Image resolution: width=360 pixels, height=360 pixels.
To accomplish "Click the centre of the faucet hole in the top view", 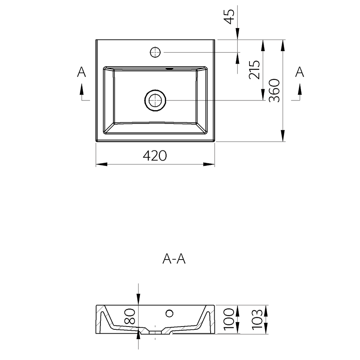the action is pos(155,52).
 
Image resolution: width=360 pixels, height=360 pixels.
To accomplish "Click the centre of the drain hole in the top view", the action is pos(155,100).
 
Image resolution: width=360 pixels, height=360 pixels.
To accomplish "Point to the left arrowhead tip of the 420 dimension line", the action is pos(96,165).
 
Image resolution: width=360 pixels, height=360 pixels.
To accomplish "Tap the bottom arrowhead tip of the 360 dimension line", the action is pos(283,141).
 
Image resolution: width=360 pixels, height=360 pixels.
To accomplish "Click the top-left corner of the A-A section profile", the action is pos(96,305).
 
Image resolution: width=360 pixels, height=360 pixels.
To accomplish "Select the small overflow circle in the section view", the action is pos(170,314).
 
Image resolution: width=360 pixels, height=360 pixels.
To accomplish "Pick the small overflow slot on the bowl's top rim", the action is pos(170,68).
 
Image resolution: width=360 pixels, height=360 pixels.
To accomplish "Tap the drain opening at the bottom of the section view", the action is pos(156,332).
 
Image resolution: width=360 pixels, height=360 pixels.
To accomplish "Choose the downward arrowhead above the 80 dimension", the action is pos(139,300).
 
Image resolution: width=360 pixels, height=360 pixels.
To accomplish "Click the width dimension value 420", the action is pos(155,156).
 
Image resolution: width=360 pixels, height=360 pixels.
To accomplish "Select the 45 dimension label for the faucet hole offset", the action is pos(229,17).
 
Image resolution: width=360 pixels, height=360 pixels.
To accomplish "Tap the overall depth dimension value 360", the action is pos(274,90).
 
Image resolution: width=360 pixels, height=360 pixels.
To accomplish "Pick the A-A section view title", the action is pos(174,259).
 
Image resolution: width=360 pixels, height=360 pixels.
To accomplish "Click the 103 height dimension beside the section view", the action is pos(257,319).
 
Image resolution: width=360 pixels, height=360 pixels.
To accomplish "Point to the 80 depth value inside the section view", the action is pos(130,316).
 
